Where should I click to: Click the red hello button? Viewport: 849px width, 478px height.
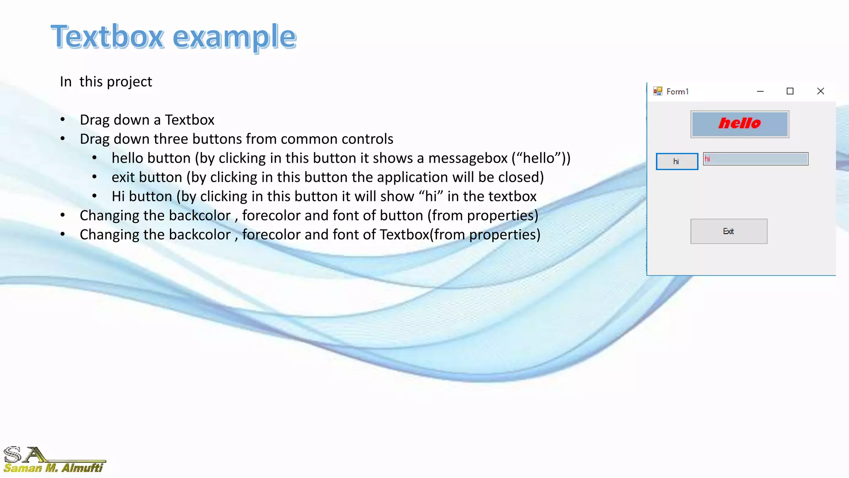tap(740, 124)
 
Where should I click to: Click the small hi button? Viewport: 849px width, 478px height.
tap(677, 161)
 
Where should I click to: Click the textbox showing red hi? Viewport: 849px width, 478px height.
tap(755, 159)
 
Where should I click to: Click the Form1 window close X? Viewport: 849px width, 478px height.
tap(820, 91)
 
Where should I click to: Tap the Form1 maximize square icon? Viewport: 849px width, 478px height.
tap(790, 91)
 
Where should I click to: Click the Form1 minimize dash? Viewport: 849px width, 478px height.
tap(760, 91)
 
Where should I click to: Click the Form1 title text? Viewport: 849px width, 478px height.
tap(677, 92)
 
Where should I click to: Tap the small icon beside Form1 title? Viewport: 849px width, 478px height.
tap(657, 91)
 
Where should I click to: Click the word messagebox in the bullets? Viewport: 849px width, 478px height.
tap(468, 158)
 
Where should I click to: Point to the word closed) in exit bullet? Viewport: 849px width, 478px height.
tap(521, 177)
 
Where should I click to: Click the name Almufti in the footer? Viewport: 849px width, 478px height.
tap(82, 468)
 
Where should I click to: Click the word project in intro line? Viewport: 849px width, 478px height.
tap(129, 82)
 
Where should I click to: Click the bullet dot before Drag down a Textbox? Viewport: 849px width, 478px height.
tap(63, 120)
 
